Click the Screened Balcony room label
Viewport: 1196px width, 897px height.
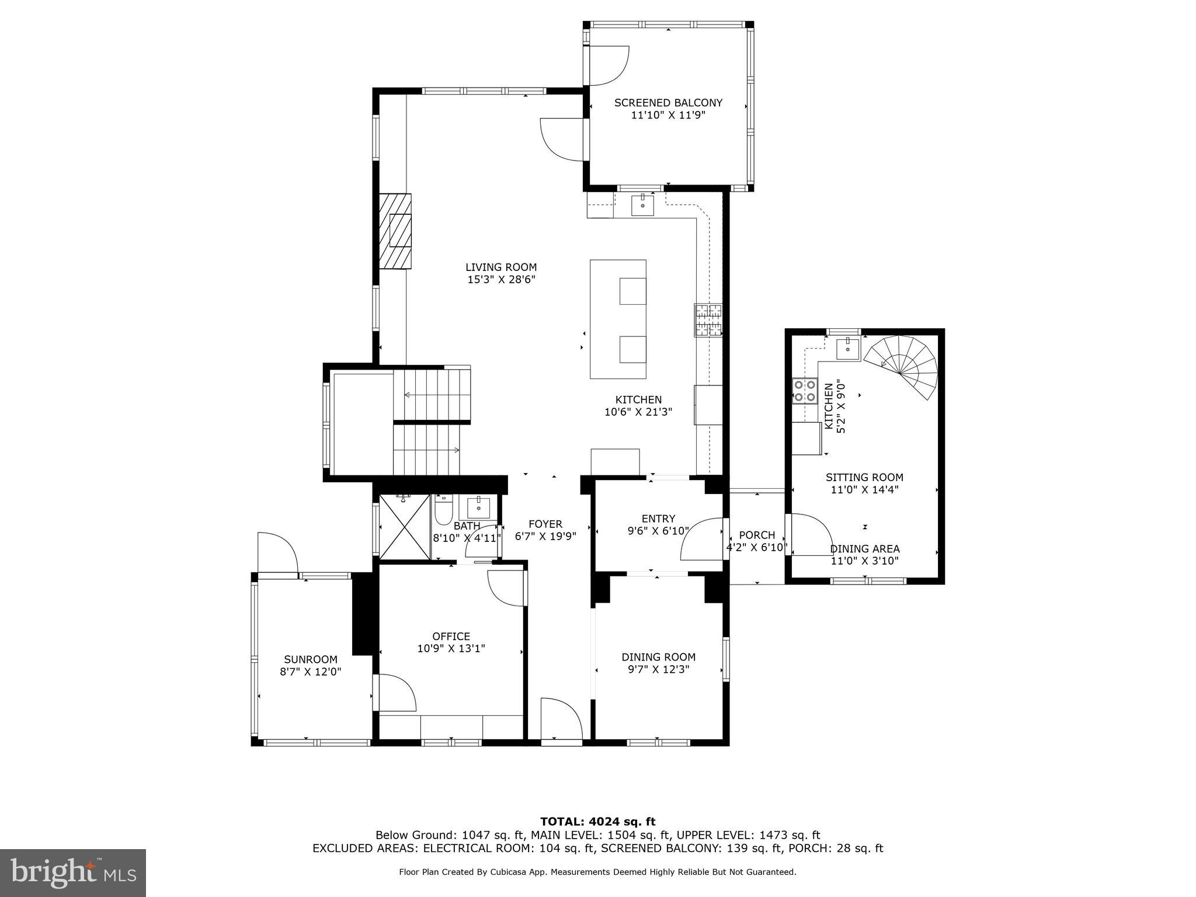tap(668, 103)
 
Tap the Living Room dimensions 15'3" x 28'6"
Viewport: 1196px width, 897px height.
tap(501, 280)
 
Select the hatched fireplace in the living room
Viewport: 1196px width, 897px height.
tap(395, 231)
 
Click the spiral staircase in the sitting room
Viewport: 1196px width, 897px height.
tap(903, 367)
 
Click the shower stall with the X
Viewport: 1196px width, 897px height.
tap(405, 526)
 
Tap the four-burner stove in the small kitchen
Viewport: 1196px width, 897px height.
tap(804, 391)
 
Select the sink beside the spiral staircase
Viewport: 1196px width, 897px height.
tap(848, 349)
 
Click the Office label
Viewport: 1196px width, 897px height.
tap(451, 636)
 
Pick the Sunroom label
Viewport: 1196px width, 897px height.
tap(311, 659)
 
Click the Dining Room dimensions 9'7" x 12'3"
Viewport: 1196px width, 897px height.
tap(658, 669)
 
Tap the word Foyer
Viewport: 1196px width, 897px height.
tap(545, 524)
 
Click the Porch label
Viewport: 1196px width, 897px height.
tap(757, 535)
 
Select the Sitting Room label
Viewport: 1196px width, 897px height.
tap(864, 477)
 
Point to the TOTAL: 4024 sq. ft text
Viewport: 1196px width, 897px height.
tap(597, 822)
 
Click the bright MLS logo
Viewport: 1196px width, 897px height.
tap(73, 872)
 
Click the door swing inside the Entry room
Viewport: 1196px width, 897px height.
tap(703, 538)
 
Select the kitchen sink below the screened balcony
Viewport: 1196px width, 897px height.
tap(642, 205)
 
